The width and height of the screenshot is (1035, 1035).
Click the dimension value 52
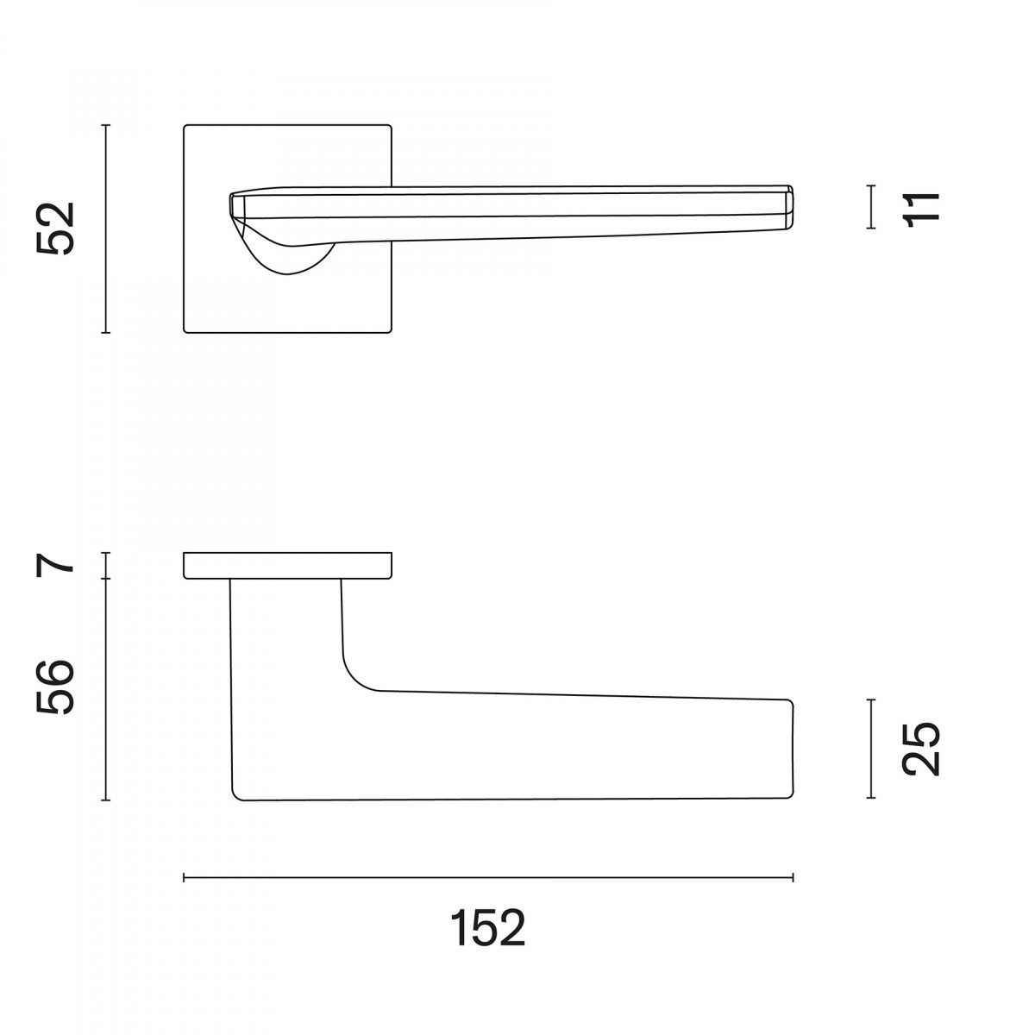(55, 229)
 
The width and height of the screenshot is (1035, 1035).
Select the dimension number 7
(55, 565)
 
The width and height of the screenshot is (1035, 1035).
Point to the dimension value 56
(55, 687)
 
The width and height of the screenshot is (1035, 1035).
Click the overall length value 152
(487, 929)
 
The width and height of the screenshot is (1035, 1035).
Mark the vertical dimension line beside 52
(106, 229)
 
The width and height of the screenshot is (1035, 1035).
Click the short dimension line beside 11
(871, 207)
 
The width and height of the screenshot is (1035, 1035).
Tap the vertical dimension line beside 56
(106, 690)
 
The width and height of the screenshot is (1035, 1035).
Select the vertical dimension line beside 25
(871, 749)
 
